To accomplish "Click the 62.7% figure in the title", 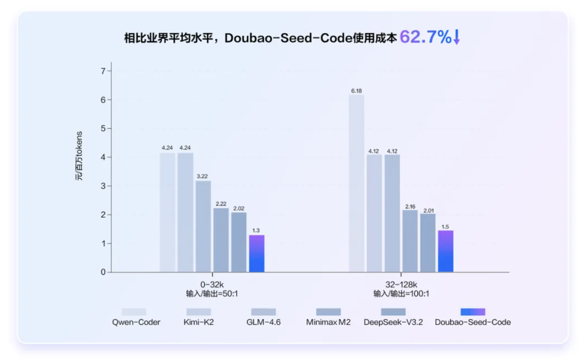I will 425,37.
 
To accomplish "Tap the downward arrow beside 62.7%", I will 457,37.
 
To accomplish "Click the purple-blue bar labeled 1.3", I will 257,253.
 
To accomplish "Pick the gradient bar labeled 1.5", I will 445,251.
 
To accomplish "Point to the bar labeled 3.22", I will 203,226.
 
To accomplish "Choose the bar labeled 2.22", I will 221,240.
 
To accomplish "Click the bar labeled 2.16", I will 410,241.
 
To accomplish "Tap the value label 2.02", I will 239,209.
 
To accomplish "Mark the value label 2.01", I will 428,211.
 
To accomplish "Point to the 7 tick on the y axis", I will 103,71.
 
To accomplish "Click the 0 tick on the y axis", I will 103,272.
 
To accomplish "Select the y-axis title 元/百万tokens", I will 79,156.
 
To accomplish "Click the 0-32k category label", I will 212,285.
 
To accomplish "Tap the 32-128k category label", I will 401,285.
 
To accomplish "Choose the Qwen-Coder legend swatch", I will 134,312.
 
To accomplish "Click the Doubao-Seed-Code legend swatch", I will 473,312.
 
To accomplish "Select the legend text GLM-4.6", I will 263,322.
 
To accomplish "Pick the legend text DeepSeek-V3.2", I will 393,322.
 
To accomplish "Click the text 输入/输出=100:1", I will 401,294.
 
